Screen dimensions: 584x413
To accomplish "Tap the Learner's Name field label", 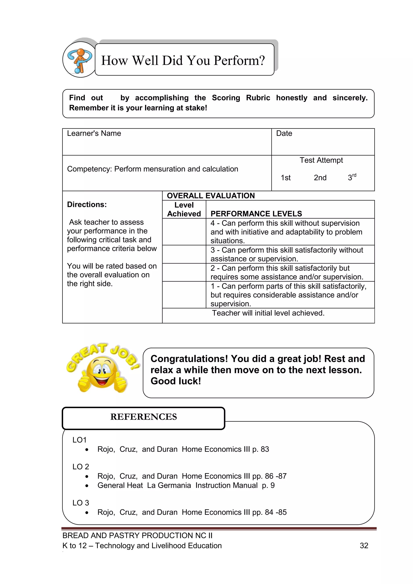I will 94,133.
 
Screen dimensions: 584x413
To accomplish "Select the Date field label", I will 284,133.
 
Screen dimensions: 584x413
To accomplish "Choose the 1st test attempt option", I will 286,178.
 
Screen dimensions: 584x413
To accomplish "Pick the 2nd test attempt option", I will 320,178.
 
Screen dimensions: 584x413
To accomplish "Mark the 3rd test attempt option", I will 352,177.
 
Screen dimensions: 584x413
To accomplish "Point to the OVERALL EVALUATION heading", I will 211,196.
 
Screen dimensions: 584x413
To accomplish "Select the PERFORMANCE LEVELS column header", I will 256,214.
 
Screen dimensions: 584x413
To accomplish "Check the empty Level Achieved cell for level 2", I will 184,272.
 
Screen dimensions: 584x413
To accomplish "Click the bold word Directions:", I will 87,205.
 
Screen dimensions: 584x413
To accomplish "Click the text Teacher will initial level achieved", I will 268,313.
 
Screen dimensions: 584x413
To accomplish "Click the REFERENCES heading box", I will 143,418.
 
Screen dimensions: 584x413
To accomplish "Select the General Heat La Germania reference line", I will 186,485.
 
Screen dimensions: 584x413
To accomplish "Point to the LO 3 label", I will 81,503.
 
